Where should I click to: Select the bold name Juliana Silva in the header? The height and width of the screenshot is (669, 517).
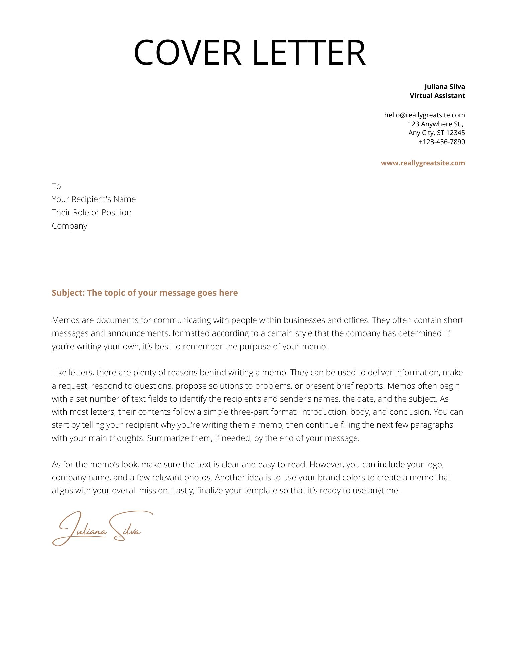(444, 87)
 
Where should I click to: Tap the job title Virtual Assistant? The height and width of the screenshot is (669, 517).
(437, 96)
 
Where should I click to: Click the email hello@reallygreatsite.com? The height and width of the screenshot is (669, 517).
(424, 115)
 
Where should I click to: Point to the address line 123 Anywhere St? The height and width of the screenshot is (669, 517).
(435, 124)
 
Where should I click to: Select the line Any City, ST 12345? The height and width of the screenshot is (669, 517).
(436, 133)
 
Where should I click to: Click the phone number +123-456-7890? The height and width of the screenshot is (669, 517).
(441, 142)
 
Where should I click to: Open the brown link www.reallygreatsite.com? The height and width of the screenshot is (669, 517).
(423, 163)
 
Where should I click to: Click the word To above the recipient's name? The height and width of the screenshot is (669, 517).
(56, 186)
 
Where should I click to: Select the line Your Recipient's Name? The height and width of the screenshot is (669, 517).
(94, 199)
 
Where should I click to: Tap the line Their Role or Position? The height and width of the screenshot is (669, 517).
(91, 213)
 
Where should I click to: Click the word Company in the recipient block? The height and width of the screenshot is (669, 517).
(69, 226)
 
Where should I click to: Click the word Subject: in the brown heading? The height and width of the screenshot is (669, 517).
(68, 293)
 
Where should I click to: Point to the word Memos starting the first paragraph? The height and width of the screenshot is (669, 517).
(65, 320)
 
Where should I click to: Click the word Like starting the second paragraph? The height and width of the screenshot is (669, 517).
(59, 373)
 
